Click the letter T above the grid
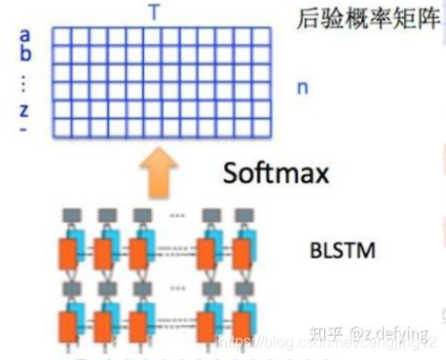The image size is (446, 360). pos(155,12)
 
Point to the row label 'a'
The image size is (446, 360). pos(23,37)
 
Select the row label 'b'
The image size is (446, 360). pos(24,54)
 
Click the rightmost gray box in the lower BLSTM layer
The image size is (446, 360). pos(238,287)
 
